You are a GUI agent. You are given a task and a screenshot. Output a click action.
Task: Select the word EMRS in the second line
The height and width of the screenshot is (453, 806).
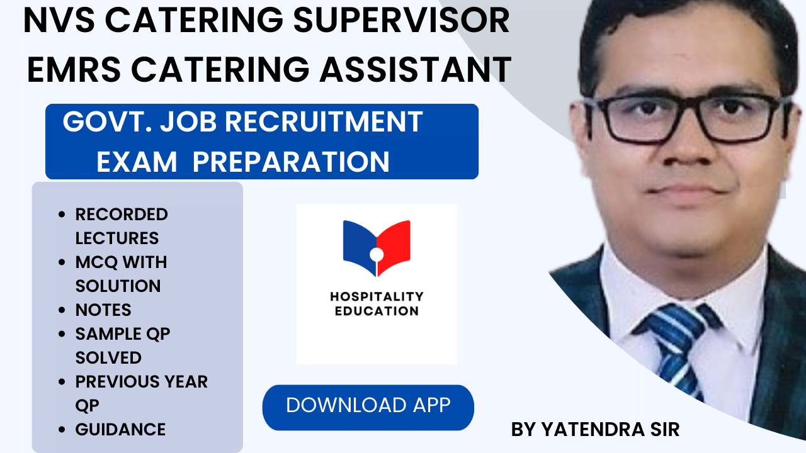click(69, 69)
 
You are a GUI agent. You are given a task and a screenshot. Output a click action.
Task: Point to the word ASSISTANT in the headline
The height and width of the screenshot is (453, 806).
click(416, 69)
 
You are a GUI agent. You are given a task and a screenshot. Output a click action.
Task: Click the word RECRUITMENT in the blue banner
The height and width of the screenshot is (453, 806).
click(327, 122)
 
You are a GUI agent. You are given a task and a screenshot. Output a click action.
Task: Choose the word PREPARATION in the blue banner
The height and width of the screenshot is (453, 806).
click(291, 162)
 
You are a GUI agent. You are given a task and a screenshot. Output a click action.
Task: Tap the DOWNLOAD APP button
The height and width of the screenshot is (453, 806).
click(368, 406)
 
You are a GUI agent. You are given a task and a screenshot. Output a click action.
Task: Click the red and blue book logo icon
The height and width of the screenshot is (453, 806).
click(377, 248)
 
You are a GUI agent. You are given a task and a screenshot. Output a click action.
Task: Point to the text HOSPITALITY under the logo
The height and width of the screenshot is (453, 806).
click(377, 296)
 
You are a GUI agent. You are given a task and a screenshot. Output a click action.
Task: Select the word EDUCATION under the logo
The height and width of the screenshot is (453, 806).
click(377, 311)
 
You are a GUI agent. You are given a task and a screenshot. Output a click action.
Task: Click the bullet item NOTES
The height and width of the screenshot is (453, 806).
click(103, 310)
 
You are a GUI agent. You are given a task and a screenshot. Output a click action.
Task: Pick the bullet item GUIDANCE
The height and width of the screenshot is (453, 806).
click(120, 430)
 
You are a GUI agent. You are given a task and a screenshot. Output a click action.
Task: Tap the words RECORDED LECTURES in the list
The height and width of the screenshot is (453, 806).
click(121, 226)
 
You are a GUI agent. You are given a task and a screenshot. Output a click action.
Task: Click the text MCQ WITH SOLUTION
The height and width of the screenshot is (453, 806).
click(121, 274)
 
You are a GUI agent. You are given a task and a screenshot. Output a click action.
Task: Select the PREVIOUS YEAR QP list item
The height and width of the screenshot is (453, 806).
click(141, 393)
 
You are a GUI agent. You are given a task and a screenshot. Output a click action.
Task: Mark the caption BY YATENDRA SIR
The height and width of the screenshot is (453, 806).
click(595, 430)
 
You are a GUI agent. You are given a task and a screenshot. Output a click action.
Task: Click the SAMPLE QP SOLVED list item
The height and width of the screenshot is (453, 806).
click(122, 345)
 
